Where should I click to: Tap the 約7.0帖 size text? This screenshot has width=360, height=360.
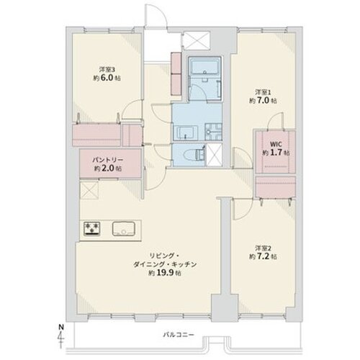click(x=261, y=101)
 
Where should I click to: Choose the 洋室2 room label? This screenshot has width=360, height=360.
click(x=261, y=248)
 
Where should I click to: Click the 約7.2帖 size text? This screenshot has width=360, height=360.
click(x=261, y=258)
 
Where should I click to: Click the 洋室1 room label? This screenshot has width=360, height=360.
click(x=261, y=91)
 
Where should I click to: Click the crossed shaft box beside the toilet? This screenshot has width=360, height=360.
click(x=214, y=152)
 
